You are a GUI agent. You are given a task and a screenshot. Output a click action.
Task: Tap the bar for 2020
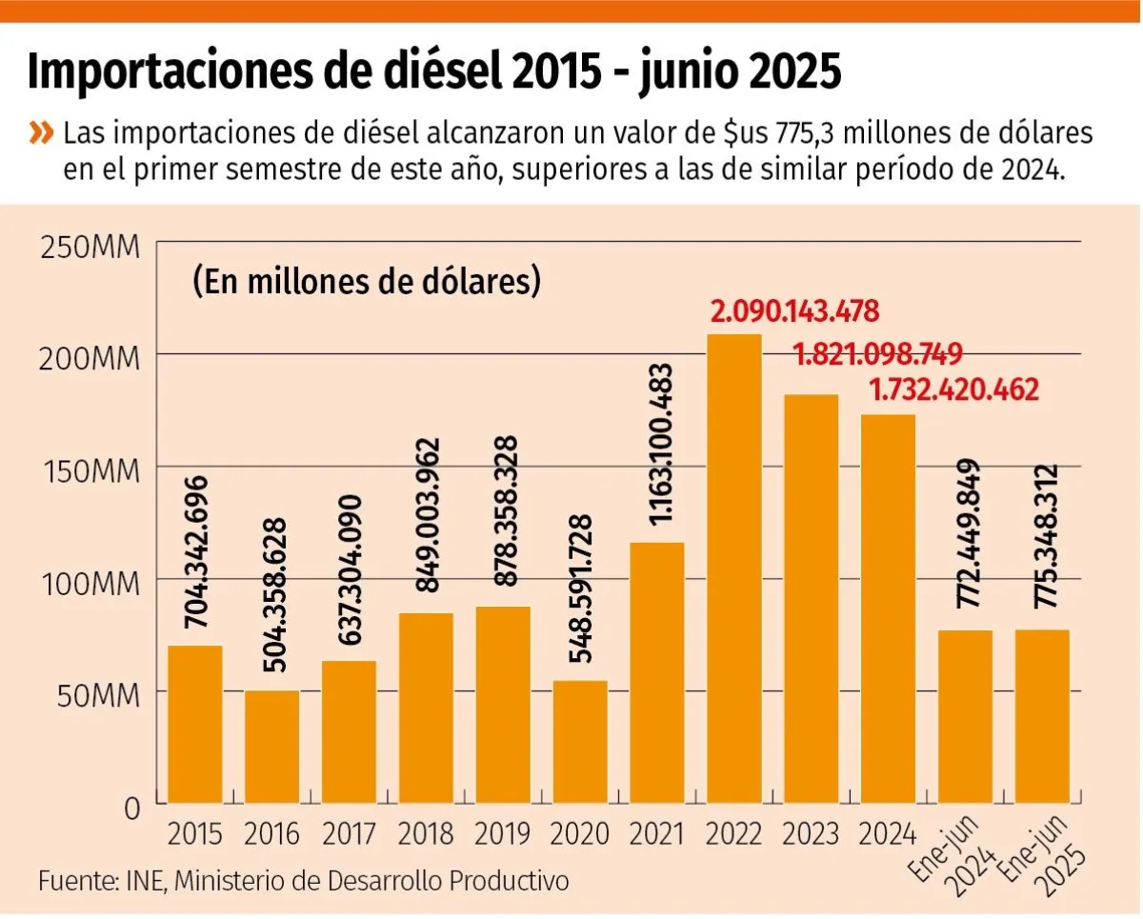(x=580, y=743)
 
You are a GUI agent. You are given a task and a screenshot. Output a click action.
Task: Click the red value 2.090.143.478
(x=795, y=311)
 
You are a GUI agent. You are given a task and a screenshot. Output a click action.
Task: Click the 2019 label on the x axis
(x=502, y=834)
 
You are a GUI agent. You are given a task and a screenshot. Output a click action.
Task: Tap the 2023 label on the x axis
(x=811, y=834)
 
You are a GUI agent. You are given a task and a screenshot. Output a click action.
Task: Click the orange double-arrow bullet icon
(x=41, y=132)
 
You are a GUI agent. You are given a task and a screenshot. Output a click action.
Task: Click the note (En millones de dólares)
(x=366, y=283)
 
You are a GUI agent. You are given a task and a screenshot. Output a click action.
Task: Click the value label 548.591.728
(x=580, y=589)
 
